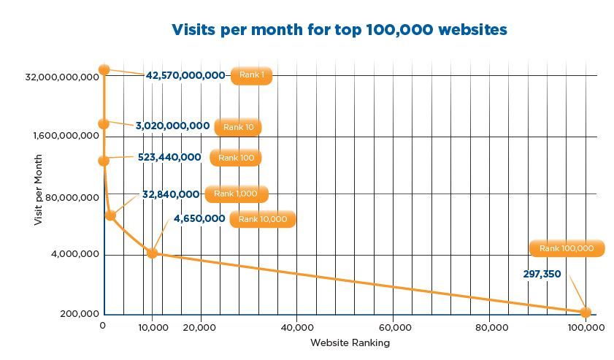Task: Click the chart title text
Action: tap(339, 30)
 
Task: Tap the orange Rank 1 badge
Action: tap(251, 76)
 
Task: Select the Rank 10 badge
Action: tap(238, 127)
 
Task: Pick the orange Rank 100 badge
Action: tap(235, 158)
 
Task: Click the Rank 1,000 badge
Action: tap(237, 194)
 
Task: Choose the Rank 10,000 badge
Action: tap(263, 219)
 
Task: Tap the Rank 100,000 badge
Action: tap(567, 248)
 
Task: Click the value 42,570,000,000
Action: tap(185, 75)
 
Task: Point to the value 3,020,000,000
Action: tap(172, 126)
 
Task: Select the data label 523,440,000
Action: tap(169, 157)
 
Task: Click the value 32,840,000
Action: tap(171, 194)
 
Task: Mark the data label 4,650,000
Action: tap(199, 218)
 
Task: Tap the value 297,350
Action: tap(542, 274)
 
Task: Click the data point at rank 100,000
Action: tap(586, 312)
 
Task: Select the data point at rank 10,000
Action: tap(152, 253)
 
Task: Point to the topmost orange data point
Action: tap(104, 69)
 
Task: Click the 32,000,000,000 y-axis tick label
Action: tap(64, 77)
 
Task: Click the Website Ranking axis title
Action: tap(350, 342)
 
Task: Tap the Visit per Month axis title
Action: tap(39, 190)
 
